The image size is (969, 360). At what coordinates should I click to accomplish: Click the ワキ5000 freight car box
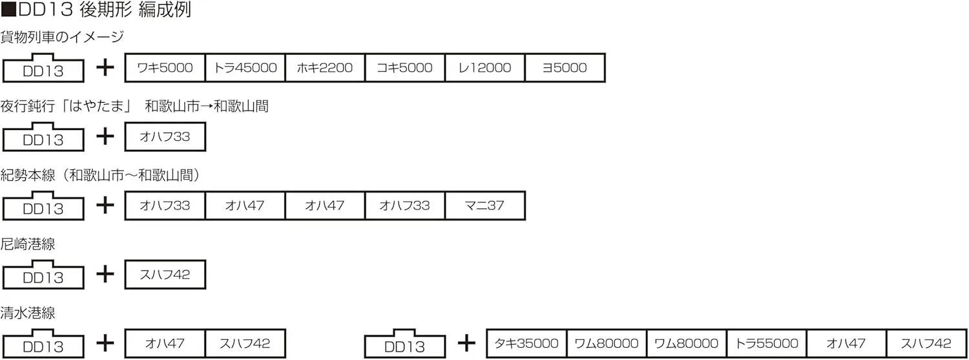tap(165, 68)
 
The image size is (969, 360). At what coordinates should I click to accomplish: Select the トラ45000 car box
tap(245, 68)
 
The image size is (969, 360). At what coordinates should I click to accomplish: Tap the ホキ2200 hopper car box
tap(325, 68)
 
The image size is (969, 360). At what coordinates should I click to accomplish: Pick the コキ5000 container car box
tap(405, 68)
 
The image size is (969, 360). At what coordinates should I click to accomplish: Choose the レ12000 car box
tap(485, 68)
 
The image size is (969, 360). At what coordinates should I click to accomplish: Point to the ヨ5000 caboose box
tap(565, 68)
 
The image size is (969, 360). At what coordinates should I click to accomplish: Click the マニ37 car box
tap(485, 206)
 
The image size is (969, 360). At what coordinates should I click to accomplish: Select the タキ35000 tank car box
tap(526, 343)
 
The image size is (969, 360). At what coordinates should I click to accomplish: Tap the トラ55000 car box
tap(767, 343)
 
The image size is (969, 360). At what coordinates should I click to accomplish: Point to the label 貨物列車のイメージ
tap(62, 37)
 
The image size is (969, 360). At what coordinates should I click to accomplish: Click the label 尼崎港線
tap(28, 244)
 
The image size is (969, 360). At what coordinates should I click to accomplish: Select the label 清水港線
tap(28, 313)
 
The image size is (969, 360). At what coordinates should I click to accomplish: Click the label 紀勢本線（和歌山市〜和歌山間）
tap(103, 175)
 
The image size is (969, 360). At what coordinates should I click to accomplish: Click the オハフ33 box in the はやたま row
tap(165, 137)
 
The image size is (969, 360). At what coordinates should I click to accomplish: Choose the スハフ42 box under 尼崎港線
tap(165, 275)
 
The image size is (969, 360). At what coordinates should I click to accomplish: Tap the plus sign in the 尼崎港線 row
tap(105, 274)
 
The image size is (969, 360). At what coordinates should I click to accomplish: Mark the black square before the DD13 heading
tap(9, 11)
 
